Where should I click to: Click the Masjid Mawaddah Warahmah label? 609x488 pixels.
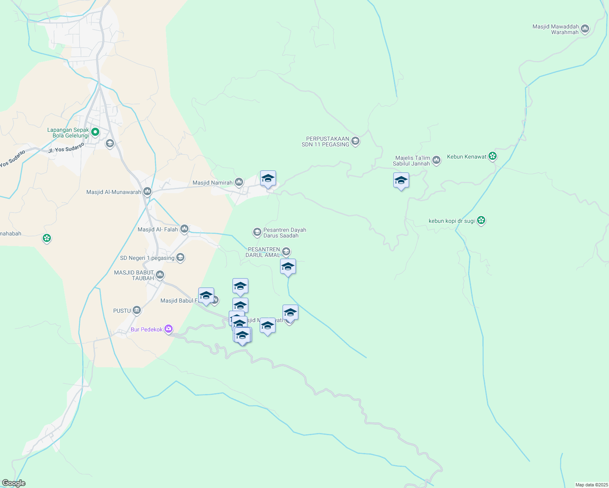[x=555, y=29]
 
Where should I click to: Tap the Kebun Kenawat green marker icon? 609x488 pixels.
[x=493, y=156]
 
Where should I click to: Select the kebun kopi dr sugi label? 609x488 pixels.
[x=451, y=221]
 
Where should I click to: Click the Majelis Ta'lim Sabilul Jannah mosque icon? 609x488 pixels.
[x=436, y=160]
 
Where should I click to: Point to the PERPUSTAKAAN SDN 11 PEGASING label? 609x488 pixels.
[x=325, y=142]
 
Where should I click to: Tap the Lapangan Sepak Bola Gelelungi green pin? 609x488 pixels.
[x=95, y=132]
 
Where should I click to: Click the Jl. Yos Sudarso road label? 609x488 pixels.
[x=66, y=147]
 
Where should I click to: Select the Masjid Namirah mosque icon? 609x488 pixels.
[x=239, y=182]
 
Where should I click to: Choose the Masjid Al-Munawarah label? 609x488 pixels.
[x=114, y=192]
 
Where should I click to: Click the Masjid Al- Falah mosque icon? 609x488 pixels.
[x=184, y=229]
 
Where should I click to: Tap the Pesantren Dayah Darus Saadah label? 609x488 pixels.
[x=285, y=233]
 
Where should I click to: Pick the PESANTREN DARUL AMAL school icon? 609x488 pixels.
[x=286, y=252]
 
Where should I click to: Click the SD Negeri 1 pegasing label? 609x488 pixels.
[x=147, y=258]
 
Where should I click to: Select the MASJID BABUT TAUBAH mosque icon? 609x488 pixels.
[x=160, y=275]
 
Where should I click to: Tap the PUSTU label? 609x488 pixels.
[x=122, y=311]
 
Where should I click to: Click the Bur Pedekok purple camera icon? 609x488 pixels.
[x=169, y=329]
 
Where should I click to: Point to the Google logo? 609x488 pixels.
[x=13, y=483]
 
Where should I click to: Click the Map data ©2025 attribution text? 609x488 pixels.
[x=591, y=485]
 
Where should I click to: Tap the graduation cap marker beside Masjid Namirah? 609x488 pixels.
[x=268, y=179]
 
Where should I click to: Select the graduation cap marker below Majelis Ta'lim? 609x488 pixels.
[x=401, y=181]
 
